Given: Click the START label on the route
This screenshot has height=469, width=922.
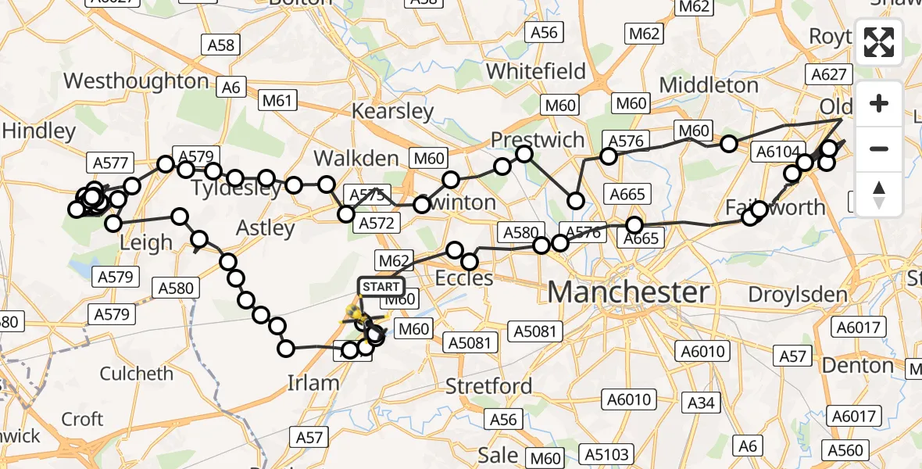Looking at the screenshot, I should point(381,287).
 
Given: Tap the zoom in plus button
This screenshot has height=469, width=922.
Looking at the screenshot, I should point(879,104).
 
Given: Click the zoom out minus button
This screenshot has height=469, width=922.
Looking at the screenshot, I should point(879,149).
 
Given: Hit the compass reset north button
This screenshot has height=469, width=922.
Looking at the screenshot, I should point(879,194).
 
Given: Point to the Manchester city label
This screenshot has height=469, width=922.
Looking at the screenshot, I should point(628,292).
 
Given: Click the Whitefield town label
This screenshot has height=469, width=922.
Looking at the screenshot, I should point(535,71).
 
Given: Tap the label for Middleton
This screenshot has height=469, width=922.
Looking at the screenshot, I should point(709,84).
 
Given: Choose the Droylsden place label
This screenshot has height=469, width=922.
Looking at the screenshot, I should point(798,295).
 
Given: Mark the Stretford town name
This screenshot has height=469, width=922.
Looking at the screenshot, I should point(488,385).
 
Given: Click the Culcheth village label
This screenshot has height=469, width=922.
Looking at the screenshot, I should point(137,373).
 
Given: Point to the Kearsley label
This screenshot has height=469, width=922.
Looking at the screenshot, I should point(392,111).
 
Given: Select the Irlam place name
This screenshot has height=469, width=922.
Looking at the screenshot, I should point(313,382).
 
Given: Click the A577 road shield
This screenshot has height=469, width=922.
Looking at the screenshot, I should point(110,163).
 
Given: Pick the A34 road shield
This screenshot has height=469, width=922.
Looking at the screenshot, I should point(701,403).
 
